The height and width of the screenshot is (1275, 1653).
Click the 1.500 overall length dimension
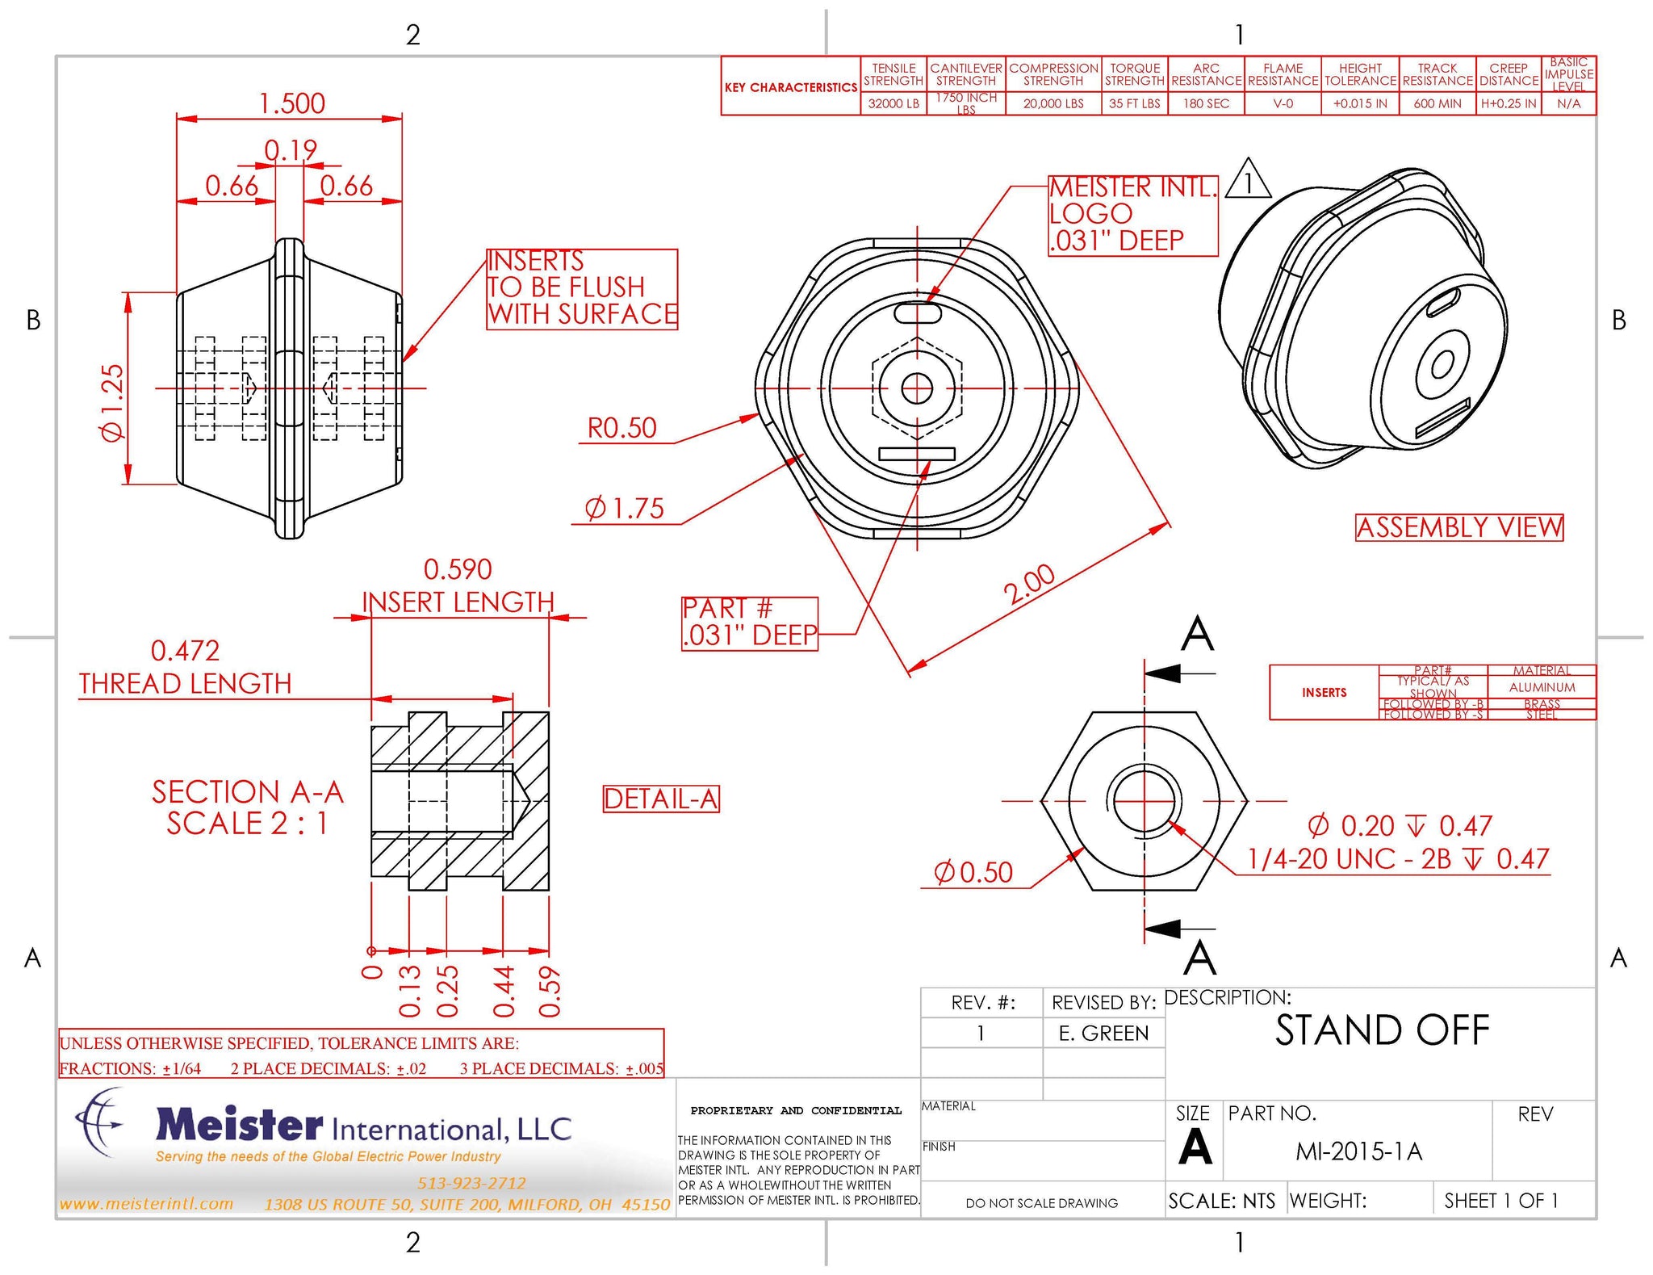[291, 103]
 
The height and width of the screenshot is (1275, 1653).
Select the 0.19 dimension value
[291, 150]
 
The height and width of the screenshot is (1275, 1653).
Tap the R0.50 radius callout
[621, 428]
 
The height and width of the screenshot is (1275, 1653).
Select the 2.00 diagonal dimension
[1029, 585]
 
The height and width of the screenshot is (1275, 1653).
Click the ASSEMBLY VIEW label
[1459, 527]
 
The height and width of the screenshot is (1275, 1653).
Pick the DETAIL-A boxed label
[661, 799]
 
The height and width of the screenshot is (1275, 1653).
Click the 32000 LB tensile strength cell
[893, 104]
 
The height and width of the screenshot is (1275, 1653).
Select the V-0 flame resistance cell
[1283, 104]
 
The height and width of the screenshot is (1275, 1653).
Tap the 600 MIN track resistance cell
[1437, 104]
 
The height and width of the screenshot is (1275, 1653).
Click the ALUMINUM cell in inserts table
[1542, 687]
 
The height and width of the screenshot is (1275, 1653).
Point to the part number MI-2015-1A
[1358, 1151]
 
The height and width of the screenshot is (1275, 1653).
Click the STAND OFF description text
[1382, 1030]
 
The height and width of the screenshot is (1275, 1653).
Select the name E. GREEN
[1103, 1034]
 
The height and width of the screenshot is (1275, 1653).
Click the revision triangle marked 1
[1248, 182]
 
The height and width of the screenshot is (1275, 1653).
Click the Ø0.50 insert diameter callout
[973, 873]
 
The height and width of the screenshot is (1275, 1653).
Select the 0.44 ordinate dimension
[504, 991]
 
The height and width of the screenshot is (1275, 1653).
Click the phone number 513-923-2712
[471, 1183]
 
